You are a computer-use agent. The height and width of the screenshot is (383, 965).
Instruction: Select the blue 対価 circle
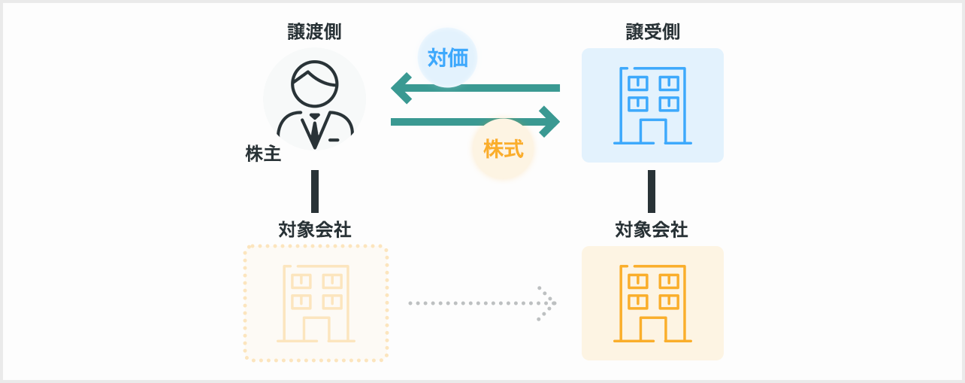click(447, 58)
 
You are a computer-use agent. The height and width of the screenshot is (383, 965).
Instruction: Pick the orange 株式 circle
click(503, 149)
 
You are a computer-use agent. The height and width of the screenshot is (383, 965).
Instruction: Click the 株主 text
click(263, 154)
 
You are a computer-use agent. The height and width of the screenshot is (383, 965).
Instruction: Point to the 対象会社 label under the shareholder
click(314, 229)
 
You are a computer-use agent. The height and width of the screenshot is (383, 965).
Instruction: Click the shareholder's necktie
click(314, 129)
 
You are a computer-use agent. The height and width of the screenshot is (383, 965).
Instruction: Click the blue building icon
click(652, 105)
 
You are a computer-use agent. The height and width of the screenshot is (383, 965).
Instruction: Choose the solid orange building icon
click(652, 303)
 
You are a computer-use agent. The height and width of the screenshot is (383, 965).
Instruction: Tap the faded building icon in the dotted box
click(316, 303)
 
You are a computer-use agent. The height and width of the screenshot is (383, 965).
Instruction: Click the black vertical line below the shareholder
click(315, 191)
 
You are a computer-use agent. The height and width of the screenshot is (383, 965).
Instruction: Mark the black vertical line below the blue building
click(652, 191)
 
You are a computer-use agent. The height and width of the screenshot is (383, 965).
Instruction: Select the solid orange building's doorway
click(652, 328)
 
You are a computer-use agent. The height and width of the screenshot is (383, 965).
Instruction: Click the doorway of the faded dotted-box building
click(316, 328)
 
